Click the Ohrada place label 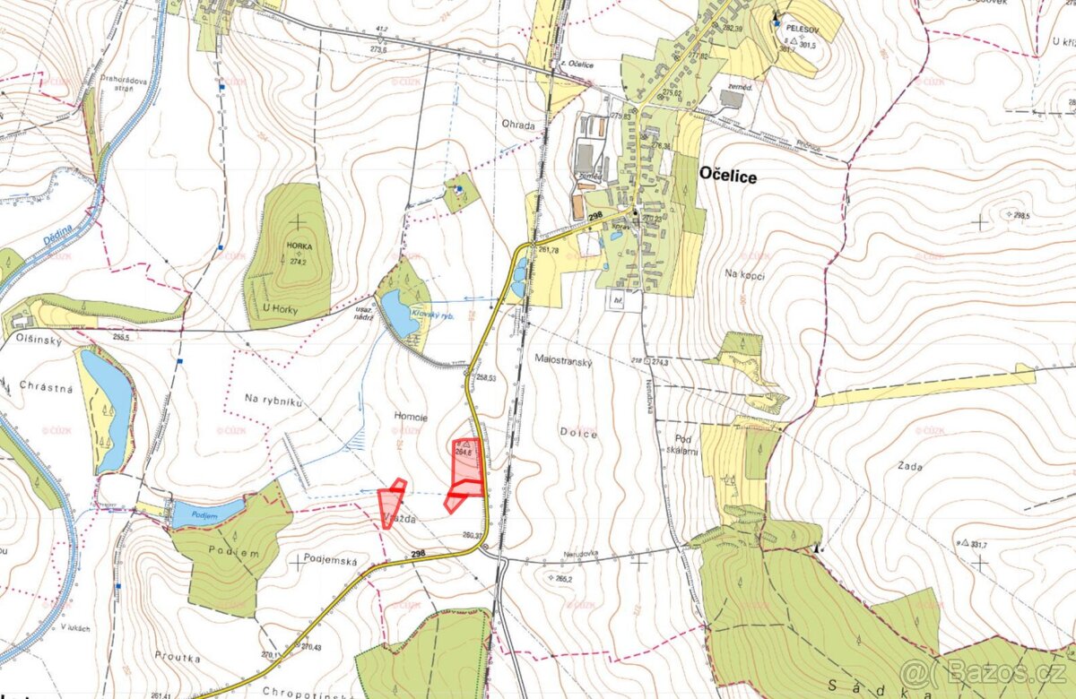click(518, 126)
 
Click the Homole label click(411, 417)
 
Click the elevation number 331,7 click(978, 544)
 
